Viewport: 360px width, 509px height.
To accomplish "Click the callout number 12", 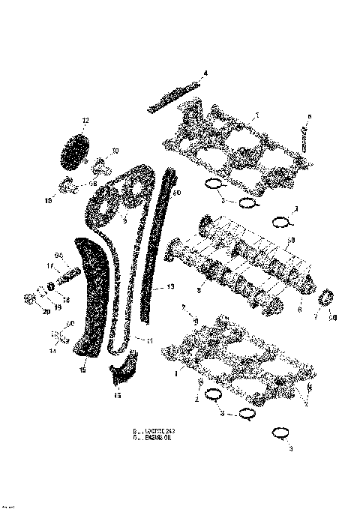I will [85, 121].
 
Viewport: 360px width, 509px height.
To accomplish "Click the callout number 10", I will [115, 151].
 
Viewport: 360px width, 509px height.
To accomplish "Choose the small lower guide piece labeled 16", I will [124, 371].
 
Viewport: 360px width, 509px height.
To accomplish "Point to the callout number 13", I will [169, 286].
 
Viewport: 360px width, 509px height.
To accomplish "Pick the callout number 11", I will [148, 342].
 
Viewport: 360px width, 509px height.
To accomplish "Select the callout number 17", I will [51, 265].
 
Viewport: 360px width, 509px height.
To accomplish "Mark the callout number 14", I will [52, 350].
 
